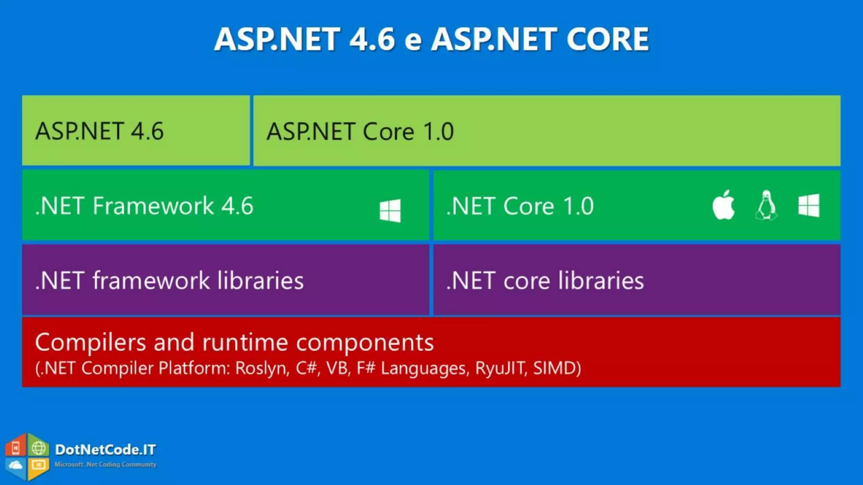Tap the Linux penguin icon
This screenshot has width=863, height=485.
(767, 205)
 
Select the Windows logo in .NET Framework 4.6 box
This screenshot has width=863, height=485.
(390, 211)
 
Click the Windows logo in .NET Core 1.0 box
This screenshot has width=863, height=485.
(809, 205)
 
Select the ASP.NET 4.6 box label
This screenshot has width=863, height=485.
(99, 131)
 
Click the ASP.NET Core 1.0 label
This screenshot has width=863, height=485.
(360, 132)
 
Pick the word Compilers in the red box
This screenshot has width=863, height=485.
(91, 342)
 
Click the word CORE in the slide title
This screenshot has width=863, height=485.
(607, 39)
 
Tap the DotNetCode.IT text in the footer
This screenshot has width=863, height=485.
(105, 450)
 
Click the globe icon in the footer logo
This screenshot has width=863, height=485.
(38, 448)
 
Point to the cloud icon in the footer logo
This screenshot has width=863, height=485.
(16, 465)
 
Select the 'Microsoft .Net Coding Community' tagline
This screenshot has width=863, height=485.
(105, 464)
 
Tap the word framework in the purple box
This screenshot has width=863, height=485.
(151, 281)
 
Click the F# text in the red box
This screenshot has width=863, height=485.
(366, 368)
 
